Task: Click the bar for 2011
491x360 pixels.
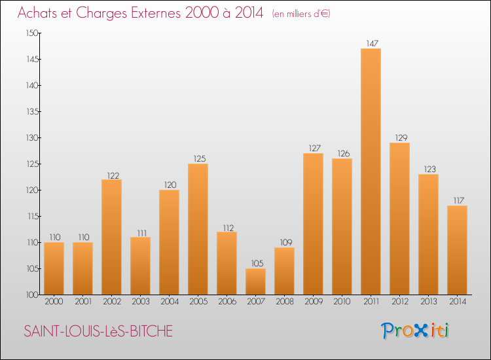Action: coord(371,171)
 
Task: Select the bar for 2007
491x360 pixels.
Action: coord(255,281)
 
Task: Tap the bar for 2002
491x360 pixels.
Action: coord(111,237)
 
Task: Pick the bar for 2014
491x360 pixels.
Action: coord(457,250)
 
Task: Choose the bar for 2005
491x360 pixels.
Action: coord(198,229)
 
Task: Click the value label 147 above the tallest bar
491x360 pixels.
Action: coord(371,44)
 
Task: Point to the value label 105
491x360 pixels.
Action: coord(255,264)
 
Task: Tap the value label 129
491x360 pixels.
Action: coord(399,138)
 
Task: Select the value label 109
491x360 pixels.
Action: coord(284,243)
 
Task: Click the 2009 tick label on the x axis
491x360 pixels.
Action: coord(313,302)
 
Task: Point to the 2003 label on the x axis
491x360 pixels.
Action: coord(140,302)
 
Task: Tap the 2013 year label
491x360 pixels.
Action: coord(428,302)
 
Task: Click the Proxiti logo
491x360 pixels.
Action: coord(415,331)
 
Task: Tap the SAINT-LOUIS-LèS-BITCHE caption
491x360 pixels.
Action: coord(98,332)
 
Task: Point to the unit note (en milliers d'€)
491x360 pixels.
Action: coord(301,14)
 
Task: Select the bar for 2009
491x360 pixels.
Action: coord(313,224)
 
